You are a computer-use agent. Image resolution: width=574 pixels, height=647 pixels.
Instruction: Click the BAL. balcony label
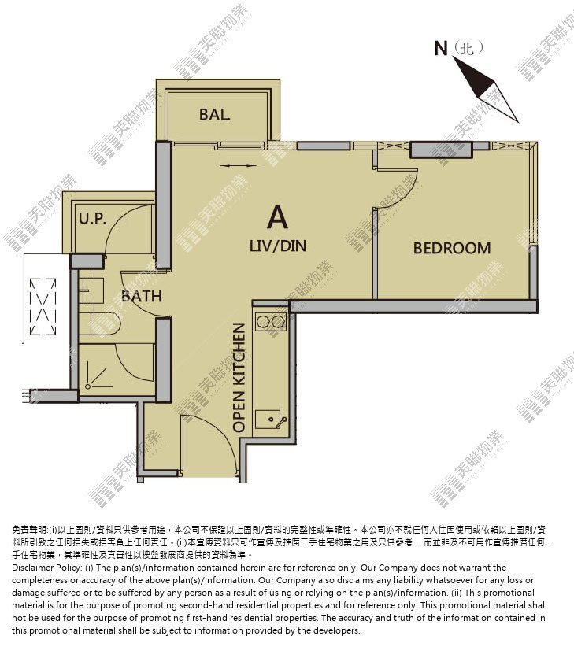pyautogui.click(x=215, y=114)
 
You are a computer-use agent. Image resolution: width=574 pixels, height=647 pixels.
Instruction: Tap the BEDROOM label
pyautogui.click(x=452, y=248)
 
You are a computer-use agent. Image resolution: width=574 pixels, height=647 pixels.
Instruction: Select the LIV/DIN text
pyautogui.click(x=278, y=246)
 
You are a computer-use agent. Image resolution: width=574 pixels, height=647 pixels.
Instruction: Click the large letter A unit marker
pyautogui.click(x=277, y=217)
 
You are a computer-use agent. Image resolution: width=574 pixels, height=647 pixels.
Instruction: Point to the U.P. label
pyautogui.click(x=92, y=218)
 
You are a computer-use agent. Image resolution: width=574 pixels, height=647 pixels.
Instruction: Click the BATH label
pyautogui.click(x=141, y=296)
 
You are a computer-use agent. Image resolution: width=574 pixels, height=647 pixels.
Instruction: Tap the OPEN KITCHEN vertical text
pyautogui.click(x=239, y=377)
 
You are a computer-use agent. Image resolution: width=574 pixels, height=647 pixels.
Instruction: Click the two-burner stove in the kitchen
pyautogui.click(x=271, y=322)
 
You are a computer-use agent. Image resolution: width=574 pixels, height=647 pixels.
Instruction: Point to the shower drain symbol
pyautogui.click(x=87, y=386)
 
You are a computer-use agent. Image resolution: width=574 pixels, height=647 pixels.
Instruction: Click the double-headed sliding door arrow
pyautogui.click(x=238, y=165)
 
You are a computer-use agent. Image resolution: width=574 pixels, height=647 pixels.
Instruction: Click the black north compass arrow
pyautogui.click(x=485, y=89)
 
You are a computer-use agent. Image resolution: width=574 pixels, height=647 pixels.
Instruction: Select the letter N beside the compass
pyautogui.click(x=441, y=48)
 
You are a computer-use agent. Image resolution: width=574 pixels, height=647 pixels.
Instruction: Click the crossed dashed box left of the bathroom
pyautogui.click(x=43, y=307)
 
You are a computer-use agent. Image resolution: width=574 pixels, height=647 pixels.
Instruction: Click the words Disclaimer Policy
pyautogui.click(x=46, y=568)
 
